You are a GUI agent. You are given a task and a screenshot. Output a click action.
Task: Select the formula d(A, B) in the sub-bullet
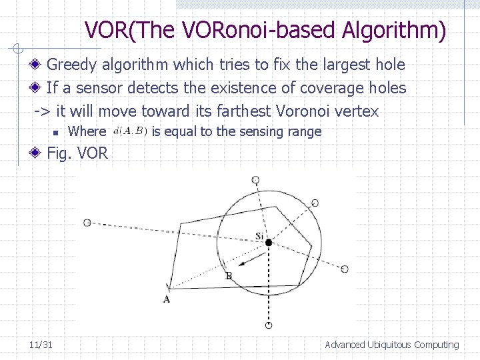point(131,131)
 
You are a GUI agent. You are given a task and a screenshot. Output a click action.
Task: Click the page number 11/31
point(41,345)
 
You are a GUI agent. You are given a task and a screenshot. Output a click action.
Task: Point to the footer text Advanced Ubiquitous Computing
point(391,345)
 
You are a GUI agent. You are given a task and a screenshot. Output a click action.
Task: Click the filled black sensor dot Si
point(269,243)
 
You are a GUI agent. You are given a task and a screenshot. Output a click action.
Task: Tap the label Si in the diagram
point(260,236)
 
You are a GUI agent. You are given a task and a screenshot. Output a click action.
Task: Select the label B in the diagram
point(228,276)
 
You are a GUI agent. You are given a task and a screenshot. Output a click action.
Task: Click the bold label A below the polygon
point(167,299)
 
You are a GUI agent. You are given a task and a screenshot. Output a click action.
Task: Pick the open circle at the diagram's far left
point(87,223)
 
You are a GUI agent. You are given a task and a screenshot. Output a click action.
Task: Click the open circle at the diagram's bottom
point(269,325)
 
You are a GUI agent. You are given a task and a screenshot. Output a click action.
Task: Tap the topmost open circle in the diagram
point(255,180)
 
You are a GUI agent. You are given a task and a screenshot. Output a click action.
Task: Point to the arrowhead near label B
point(242,264)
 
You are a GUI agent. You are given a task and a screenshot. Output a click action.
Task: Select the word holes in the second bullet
point(387,87)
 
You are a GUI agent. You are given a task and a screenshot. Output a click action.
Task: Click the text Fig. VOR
point(77,153)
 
